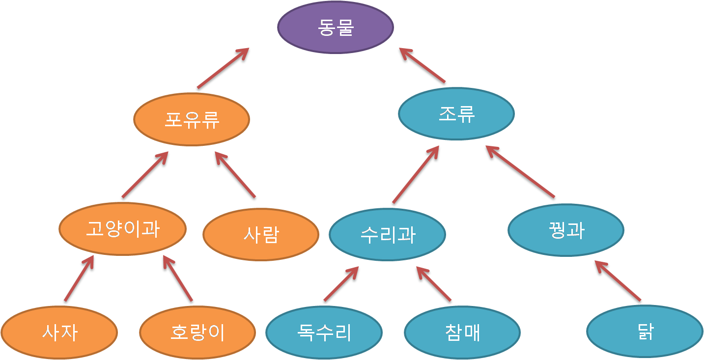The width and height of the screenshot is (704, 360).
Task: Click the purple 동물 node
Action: click(x=336, y=28)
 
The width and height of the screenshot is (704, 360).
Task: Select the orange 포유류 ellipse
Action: click(x=192, y=119)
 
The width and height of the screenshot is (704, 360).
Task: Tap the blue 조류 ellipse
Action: click(x=456, y=114)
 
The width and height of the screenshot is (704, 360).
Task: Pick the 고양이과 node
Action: click(x=122, y=229)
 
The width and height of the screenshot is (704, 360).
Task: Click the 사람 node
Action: click(x=260, y=235)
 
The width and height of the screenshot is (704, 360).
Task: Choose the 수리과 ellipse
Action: click(x=387, y=235)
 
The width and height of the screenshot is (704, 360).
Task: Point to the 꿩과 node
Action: click(x=565, y=230)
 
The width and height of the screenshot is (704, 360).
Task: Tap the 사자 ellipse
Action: click(x=59, y=333)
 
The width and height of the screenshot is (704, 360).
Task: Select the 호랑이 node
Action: click(x=197, y=333)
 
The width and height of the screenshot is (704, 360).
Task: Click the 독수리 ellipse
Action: click(x=324, y=332)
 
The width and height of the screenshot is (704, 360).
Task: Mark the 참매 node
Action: click(x=462, y=332)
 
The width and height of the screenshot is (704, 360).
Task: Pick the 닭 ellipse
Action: click(x=645, y=332)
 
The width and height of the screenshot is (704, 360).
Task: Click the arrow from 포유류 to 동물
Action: click(x=224, y=69)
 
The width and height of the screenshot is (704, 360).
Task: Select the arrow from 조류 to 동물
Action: click(x=422, y=66)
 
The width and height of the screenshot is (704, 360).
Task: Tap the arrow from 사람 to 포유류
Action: click(x=235, y=175)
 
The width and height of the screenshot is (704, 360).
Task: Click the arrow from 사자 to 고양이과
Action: click(x=79, y=279)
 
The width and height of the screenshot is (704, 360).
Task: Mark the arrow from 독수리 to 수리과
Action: click(x=341, y=284)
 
